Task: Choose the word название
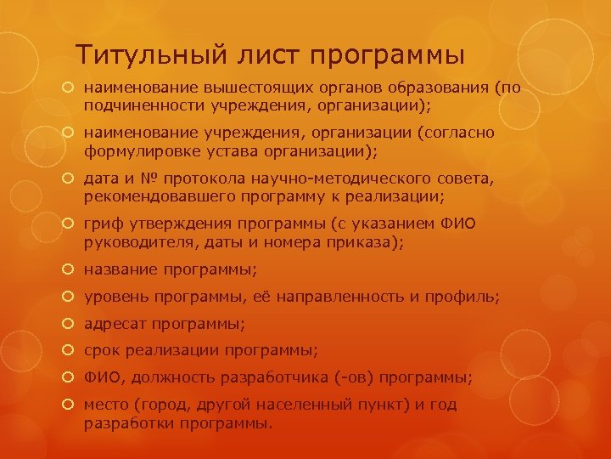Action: [117, 270]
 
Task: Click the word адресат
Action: [113, 324]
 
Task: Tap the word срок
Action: [99, 350]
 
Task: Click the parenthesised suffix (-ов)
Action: [357, 377]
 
